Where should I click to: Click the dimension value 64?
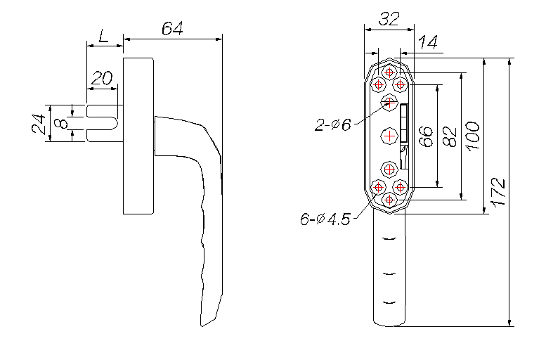(x=172, y=29)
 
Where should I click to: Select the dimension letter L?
(x=103, y=35)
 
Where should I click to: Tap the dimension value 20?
(x=103, y=77)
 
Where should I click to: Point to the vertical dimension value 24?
(x=39, y=123)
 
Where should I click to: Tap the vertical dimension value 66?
(x=426, y=136)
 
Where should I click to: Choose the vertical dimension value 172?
(x=497, y=191)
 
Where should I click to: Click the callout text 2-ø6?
(x=332, y=125)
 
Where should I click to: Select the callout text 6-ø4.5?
(x=324, y=219)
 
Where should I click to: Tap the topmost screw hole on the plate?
(x=389, y=72)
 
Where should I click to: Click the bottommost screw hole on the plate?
(x=389, y=200)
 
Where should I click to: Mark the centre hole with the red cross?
(x=389, y=135)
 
